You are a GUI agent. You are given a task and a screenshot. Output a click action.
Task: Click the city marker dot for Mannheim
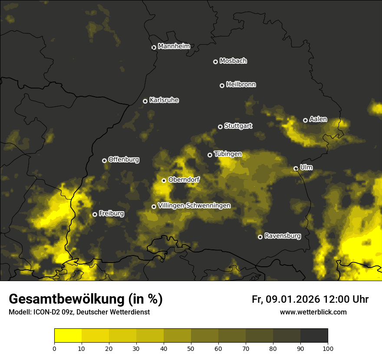[x=154, y=48]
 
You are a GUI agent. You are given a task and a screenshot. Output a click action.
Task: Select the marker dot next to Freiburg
[x=95, y=214]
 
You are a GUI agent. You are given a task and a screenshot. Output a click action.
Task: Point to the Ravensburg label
[x=283, y=236]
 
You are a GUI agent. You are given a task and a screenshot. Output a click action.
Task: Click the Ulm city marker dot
[x=296, y=168]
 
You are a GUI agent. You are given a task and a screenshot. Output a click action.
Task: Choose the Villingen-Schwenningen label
[x=194, y=206]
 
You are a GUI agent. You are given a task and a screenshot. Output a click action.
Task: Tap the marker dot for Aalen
[x=305, y=120]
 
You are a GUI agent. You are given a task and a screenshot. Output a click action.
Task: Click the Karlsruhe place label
[x=164, y=100]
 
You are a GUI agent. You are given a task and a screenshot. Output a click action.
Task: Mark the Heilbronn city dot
[x=222, y=85]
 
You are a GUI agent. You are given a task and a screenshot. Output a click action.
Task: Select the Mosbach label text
[x=233, y=61]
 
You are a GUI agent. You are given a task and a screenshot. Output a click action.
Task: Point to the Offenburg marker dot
[x=104, y=160]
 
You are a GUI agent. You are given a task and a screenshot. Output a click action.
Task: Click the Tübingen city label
[x=228, y=154]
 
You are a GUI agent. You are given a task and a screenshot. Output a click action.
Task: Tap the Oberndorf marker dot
[x=164, y=180]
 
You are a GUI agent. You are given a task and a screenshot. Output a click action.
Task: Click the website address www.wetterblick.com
[x=313, y=312]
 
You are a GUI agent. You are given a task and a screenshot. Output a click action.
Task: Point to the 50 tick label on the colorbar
[x=191, y=348]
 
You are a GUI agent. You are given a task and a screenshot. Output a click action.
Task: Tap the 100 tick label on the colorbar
[x=328, y=348]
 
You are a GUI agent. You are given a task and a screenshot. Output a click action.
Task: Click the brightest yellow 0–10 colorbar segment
[x=68, y=336]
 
